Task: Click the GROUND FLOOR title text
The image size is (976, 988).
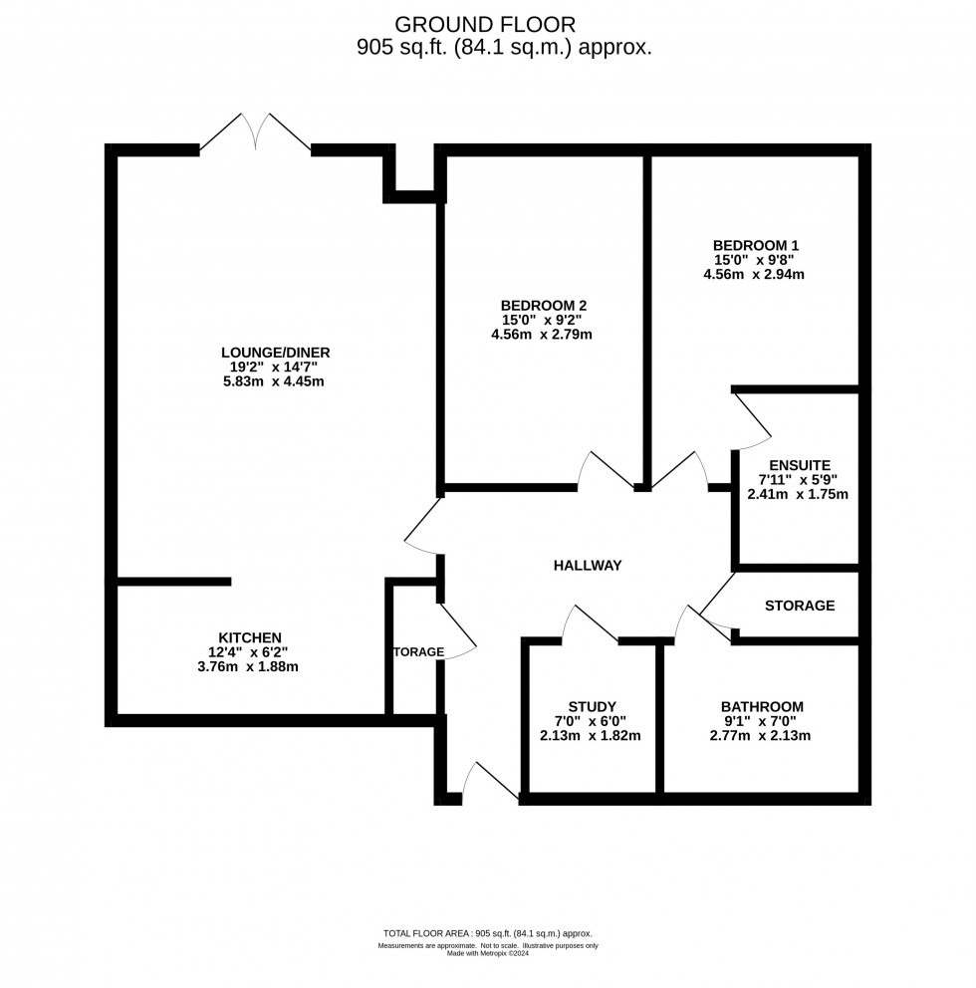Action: [484, 24]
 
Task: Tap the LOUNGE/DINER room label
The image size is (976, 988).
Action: [275, 352]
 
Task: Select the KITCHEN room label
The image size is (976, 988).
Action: [250, 637]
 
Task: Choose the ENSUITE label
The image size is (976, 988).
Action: [797, 464]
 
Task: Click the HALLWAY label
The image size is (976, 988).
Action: [588, 566]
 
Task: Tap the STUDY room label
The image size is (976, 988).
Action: [593, 706]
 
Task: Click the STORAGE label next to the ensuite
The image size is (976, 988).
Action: [799, 606]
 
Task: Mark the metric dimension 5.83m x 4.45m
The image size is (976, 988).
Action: [275, 381]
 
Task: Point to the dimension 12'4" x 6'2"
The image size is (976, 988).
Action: [250, 652]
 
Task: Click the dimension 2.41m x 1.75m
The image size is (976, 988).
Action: [797, 494]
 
